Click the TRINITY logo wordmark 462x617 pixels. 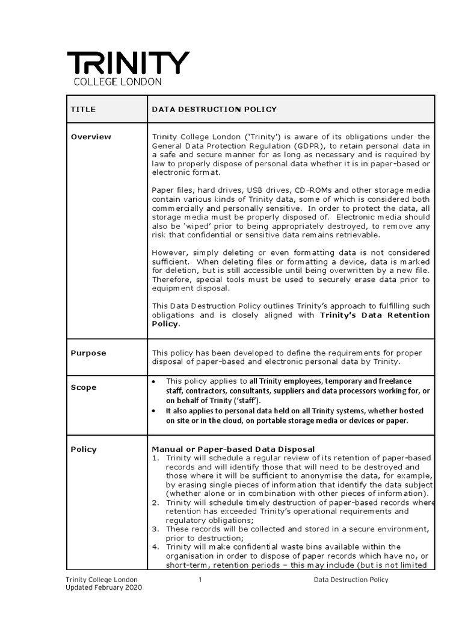[128, 63]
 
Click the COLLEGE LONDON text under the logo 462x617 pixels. [117, 81]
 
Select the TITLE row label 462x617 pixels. [83, 109]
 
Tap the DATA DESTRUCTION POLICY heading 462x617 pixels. [214, 109]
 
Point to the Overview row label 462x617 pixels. [91, 137]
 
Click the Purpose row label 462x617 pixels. [88, 353]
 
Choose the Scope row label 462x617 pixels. [84, 387]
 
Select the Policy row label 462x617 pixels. [84, 449]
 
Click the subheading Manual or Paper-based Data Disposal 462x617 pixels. [233, 449]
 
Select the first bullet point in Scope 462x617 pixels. [155, 381]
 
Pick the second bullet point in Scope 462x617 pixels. [155, 410]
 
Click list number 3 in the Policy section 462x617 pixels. [154, 528]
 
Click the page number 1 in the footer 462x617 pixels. [199, 580]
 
